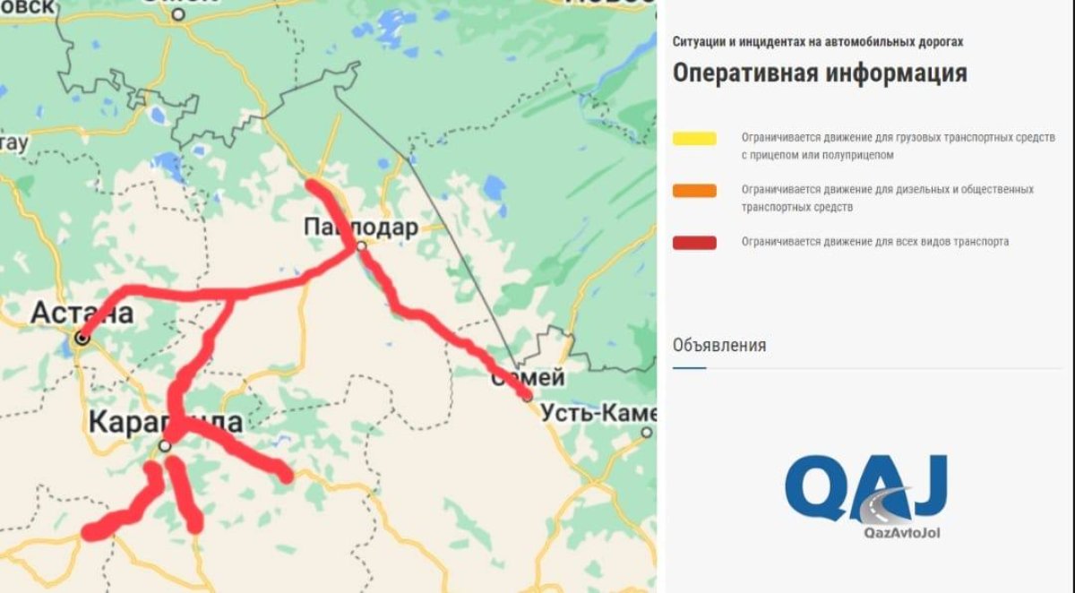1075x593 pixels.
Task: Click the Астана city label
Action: coord(82,313)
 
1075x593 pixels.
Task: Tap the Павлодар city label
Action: coord(360,228)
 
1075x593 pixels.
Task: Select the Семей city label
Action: coord(528,378)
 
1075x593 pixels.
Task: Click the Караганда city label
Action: coord(165,422)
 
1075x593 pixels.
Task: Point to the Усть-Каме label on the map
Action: coord(598,413)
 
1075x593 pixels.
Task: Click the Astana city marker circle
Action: coord(82,339)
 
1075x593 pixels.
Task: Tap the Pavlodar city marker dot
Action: coord(361,245)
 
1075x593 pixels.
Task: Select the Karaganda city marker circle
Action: coord(165,445)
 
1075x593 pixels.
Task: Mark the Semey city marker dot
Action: coord(527,396)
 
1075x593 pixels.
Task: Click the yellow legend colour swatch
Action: coord(694,138)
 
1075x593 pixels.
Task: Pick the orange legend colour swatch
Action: coord(694,190)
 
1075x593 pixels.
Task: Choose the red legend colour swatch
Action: coord(694,242)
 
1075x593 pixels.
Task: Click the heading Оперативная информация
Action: coord(819,73)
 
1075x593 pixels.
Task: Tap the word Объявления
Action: coord(719,345)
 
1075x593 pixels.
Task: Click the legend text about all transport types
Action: coord(874,242)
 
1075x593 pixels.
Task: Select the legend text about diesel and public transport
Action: coord(887,198)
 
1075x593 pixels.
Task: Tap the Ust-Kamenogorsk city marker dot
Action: coord(647,433)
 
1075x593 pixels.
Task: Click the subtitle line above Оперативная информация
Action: coord(818,42)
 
